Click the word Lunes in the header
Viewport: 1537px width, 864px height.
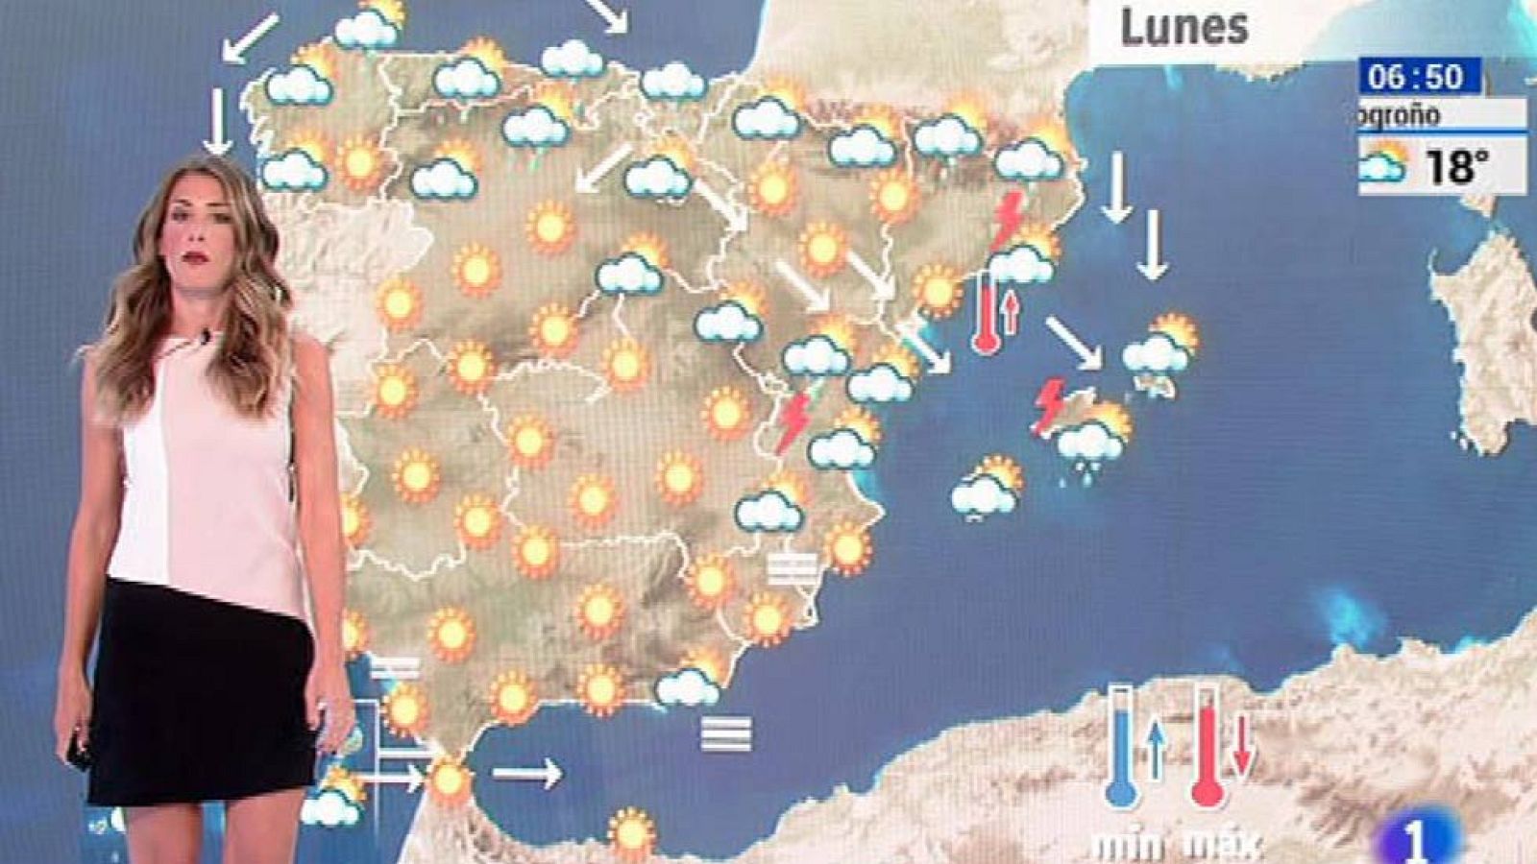click(x=1183, y=28)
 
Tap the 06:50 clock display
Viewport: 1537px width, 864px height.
click(x=1417, y=76)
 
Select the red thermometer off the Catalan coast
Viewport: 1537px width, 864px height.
click(x=986, y=313)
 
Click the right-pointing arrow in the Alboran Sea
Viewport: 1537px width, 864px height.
click(x=526, y=772)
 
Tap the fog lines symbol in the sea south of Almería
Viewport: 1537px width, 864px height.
click(x=726, y=734)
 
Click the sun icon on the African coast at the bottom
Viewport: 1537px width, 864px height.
click(x=632, y=831)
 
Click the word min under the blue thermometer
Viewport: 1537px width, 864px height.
click(x=1128, y=847)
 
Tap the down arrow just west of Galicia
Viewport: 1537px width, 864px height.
click(x=218, y=120)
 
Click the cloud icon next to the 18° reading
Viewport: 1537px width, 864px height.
click(x=1383, y=164)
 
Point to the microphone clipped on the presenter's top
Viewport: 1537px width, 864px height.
click(x=205, y=337)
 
